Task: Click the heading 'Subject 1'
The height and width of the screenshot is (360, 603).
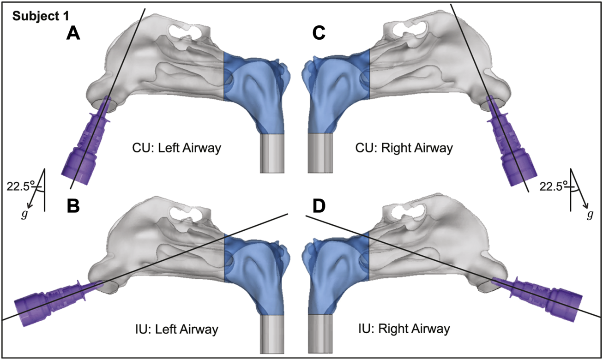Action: [41, 16]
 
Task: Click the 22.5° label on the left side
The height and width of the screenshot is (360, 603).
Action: [20, 186]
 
